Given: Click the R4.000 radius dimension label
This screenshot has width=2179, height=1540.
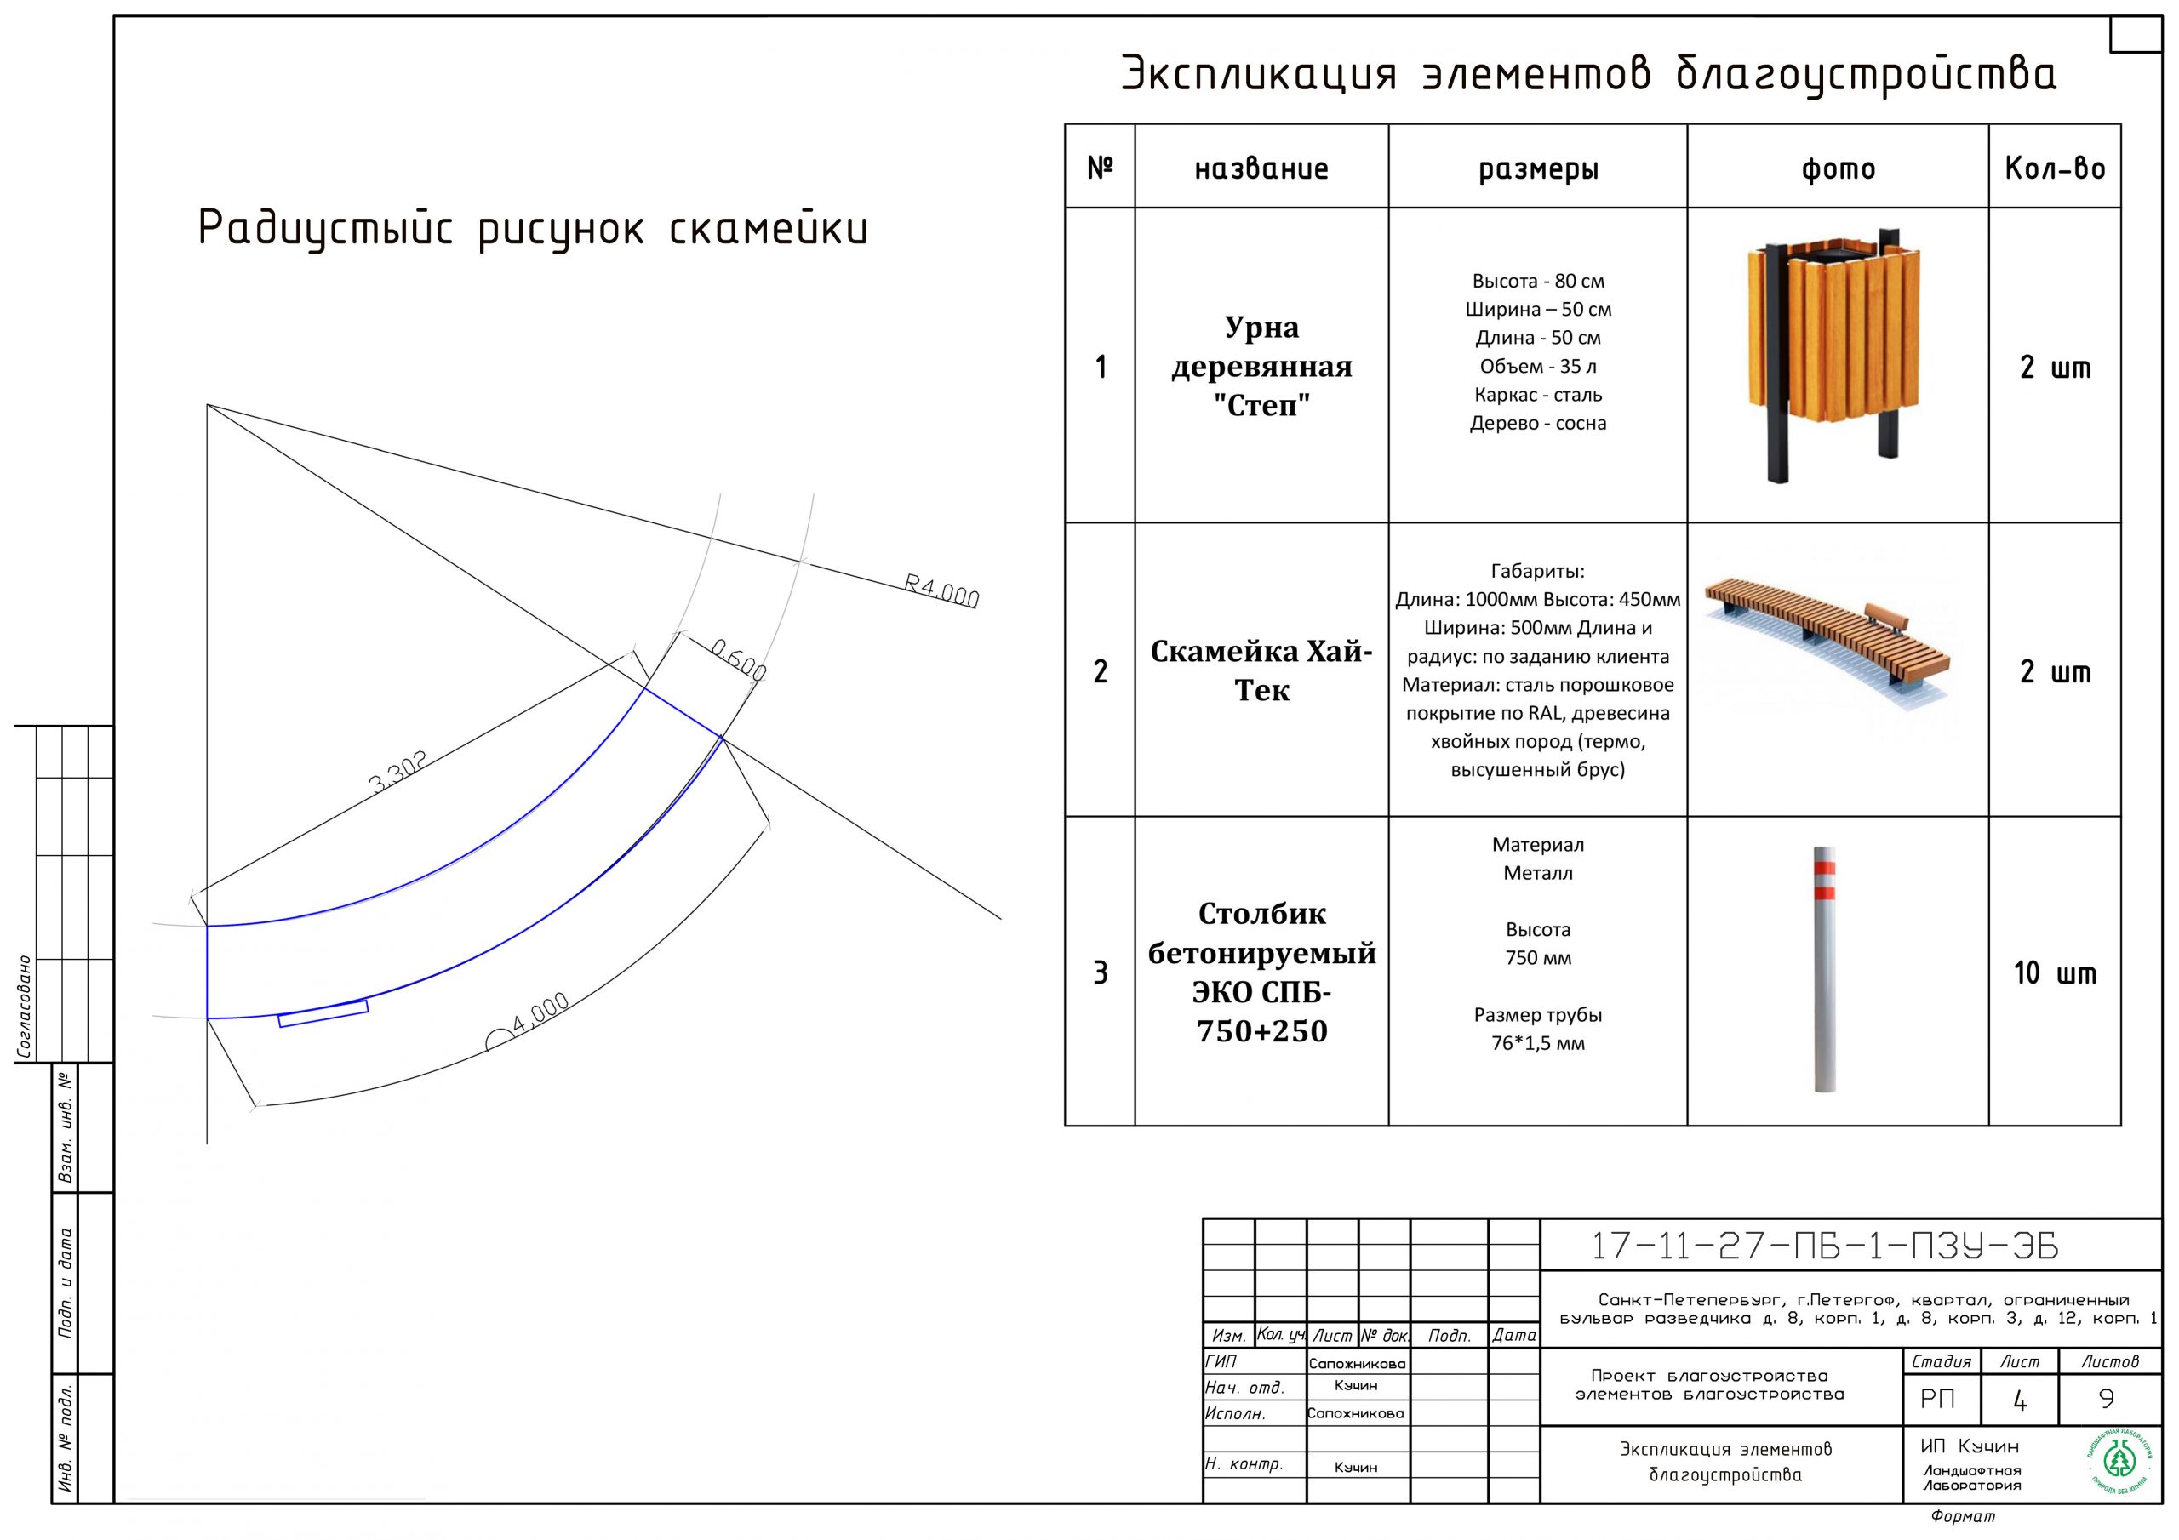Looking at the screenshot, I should pyautogui.click(x=941, y=590).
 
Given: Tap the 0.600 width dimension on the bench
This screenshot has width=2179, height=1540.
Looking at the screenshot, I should pyautogui.click(x=738, y=659).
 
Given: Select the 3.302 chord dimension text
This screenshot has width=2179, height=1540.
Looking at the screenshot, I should pyautogui.click(x=397, y=772).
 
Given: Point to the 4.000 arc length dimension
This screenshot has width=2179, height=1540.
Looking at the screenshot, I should pyautogui.click(x=540, y=1012).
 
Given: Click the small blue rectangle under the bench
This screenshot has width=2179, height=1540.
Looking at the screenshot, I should pyautogui.click(x=323, y=1013).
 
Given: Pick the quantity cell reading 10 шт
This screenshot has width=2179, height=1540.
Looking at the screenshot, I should pyautogui.click(x=2054, y=972).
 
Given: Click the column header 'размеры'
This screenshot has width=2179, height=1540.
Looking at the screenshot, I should pyautogui.click(x=1537, y=169).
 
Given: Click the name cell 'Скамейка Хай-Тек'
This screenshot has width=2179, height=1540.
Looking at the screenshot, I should pyautogui.click(x=1261, y=670).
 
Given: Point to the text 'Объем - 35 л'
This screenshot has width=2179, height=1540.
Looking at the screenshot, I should pyautogui.click(x=1537, y=366).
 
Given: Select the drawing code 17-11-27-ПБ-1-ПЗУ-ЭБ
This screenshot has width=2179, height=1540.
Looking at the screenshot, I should pyautogui.click(x=1824, y=1246).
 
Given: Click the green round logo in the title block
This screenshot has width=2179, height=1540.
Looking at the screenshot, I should pyautogui.click(x=2119, y=1460).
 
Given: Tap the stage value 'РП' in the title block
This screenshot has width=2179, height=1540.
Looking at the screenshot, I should pyautogui.click(x=1937, y=1400).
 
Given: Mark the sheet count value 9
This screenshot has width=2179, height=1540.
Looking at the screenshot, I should pyautogui.click(x=2106, y=1399).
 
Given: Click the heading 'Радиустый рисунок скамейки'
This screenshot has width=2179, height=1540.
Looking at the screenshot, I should pyautogui.click(x=533, y=230).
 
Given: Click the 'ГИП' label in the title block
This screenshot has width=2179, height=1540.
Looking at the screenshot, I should pyautogui.click(x=1221, y=1361).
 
